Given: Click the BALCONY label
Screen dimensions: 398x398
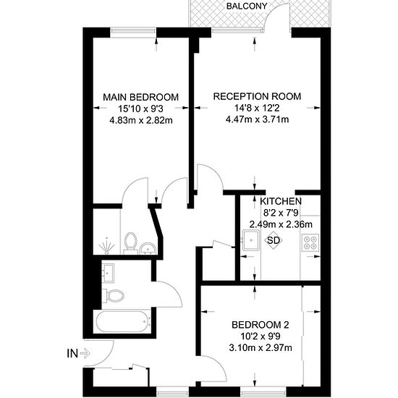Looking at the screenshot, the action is click(247, 6).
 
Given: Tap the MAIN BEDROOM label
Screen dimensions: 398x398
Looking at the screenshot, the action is click(141, 97).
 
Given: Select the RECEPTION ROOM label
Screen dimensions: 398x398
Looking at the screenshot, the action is click(257, 96).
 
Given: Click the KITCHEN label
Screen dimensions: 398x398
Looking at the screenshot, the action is click(281, 201).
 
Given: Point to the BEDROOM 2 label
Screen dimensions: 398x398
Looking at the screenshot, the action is click(261, 325).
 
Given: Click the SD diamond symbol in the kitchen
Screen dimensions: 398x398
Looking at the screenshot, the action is click(274, 240).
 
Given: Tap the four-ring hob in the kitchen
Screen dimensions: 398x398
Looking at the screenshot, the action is click(310, 242).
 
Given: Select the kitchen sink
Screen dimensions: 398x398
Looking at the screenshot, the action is click(251, 240).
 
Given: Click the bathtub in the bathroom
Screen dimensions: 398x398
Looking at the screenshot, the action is click(122, 322).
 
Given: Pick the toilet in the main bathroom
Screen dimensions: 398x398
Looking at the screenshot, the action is click(115, 296).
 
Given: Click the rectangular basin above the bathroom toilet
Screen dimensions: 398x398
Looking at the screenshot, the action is click(108, 273).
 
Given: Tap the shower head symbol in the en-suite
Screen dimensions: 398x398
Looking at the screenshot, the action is click(107, 246).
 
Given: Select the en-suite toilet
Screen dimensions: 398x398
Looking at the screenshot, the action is click(131, 243).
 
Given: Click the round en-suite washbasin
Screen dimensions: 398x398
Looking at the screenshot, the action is click(148, 248).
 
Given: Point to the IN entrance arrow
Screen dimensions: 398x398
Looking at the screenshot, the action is click(85, 353).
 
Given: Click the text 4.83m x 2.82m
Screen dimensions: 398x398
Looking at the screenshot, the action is click(141, 120).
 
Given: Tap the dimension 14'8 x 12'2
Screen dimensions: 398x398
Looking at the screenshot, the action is click(257, 108).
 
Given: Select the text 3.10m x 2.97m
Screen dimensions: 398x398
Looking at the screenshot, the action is click(261, 347).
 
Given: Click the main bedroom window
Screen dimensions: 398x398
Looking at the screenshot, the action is click(133, 30).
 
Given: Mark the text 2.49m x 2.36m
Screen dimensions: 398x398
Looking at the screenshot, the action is click(281, 224).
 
